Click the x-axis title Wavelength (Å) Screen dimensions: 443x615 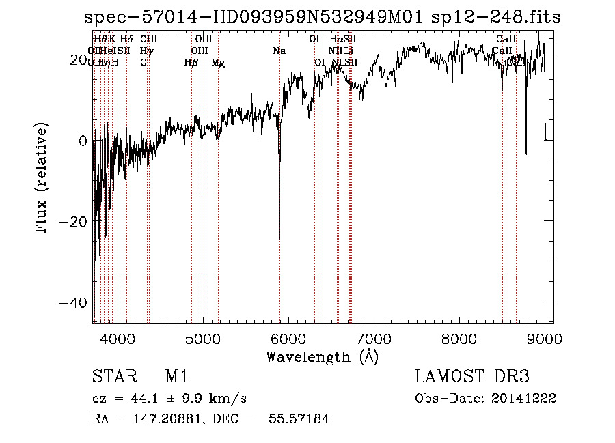322,356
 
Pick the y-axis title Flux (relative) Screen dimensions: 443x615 42,179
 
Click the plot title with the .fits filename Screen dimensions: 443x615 322,17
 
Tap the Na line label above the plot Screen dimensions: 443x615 279,51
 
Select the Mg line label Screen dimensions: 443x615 218,63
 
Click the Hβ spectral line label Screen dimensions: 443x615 191,63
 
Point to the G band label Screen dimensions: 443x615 143,63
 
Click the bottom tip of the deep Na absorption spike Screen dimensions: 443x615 279,240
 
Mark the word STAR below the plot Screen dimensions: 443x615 111,377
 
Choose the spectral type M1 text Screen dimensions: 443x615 176,377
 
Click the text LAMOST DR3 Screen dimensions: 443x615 472,377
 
